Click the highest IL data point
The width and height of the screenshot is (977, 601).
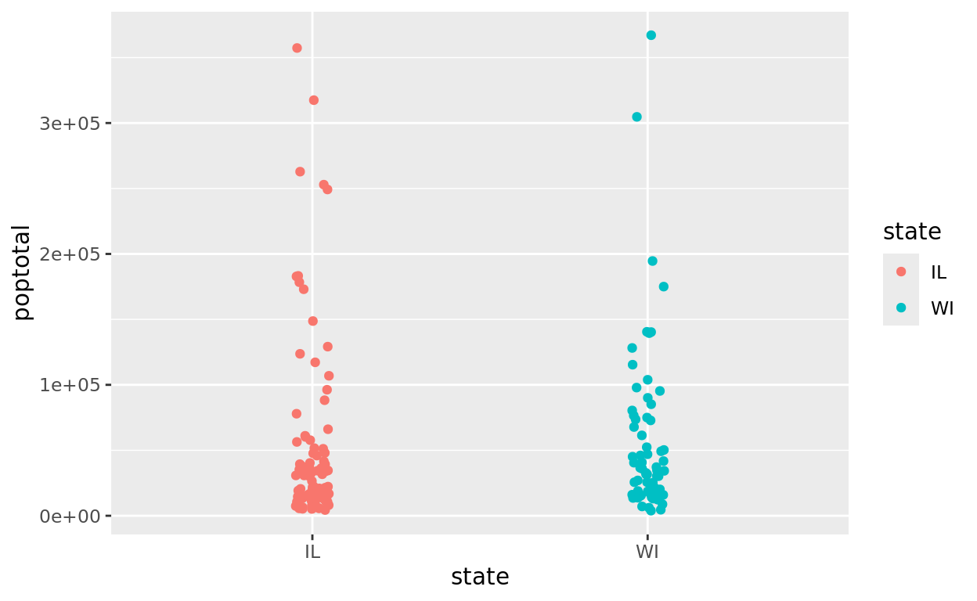coord(297,48)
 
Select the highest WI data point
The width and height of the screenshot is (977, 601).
coord(651,35)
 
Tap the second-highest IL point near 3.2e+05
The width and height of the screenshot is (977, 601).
coord(314,100)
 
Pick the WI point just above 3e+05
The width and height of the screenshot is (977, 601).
coord(636,117)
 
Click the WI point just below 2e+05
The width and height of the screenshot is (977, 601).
coord(652,261)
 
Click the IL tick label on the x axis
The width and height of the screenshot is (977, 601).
coord(312,551)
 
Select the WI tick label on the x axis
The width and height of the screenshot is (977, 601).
coord(647,551)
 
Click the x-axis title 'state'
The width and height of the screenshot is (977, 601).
coord(480,577)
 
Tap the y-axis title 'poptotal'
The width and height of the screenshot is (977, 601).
coord(22,272)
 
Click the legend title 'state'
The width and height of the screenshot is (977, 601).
coord(912,232)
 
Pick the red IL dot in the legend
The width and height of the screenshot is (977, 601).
coord(901,272)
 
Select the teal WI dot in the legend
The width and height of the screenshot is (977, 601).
coord(901,308)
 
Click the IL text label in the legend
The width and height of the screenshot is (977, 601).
coord(939,272)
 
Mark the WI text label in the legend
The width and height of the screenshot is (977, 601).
coord(942,308)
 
